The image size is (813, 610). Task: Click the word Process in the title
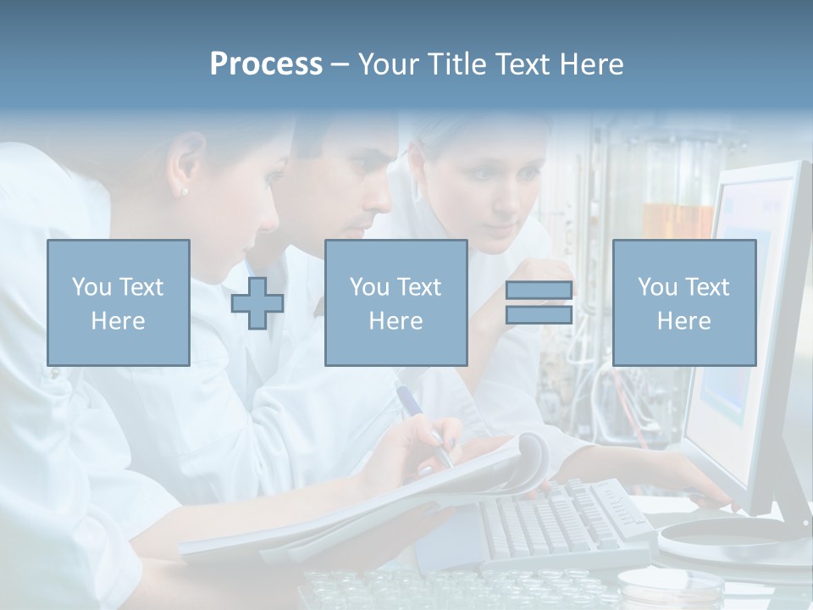(266, 64)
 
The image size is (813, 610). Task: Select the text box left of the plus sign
(118, 302)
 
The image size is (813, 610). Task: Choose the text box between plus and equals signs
(395, 302)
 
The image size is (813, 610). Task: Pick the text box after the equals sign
(683, 302)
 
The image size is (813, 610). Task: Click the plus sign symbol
(257, 302)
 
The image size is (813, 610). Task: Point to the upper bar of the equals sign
(539, 290)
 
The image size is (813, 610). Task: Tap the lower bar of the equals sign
(539, 314)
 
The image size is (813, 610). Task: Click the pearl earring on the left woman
(184, 191)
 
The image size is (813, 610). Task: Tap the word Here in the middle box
(395, 320)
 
